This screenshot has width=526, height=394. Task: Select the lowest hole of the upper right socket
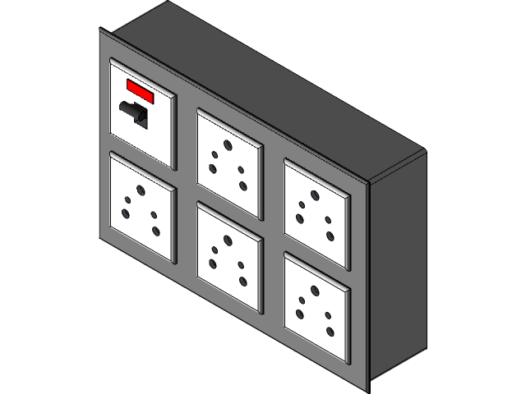click(x=330, y=236)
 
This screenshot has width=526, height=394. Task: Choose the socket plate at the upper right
click(x=317, y=211)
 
